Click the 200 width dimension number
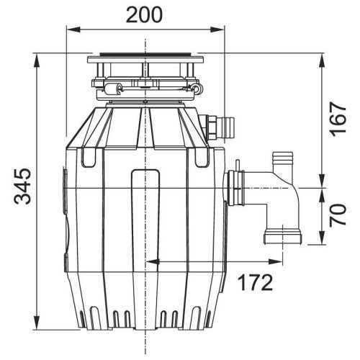144,15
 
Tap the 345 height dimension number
22,186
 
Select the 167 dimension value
338,119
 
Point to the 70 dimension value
338,215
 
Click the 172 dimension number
256,282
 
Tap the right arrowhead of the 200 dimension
217,30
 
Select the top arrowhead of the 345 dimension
37,60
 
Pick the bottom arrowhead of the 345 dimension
37,323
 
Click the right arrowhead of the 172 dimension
276,261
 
